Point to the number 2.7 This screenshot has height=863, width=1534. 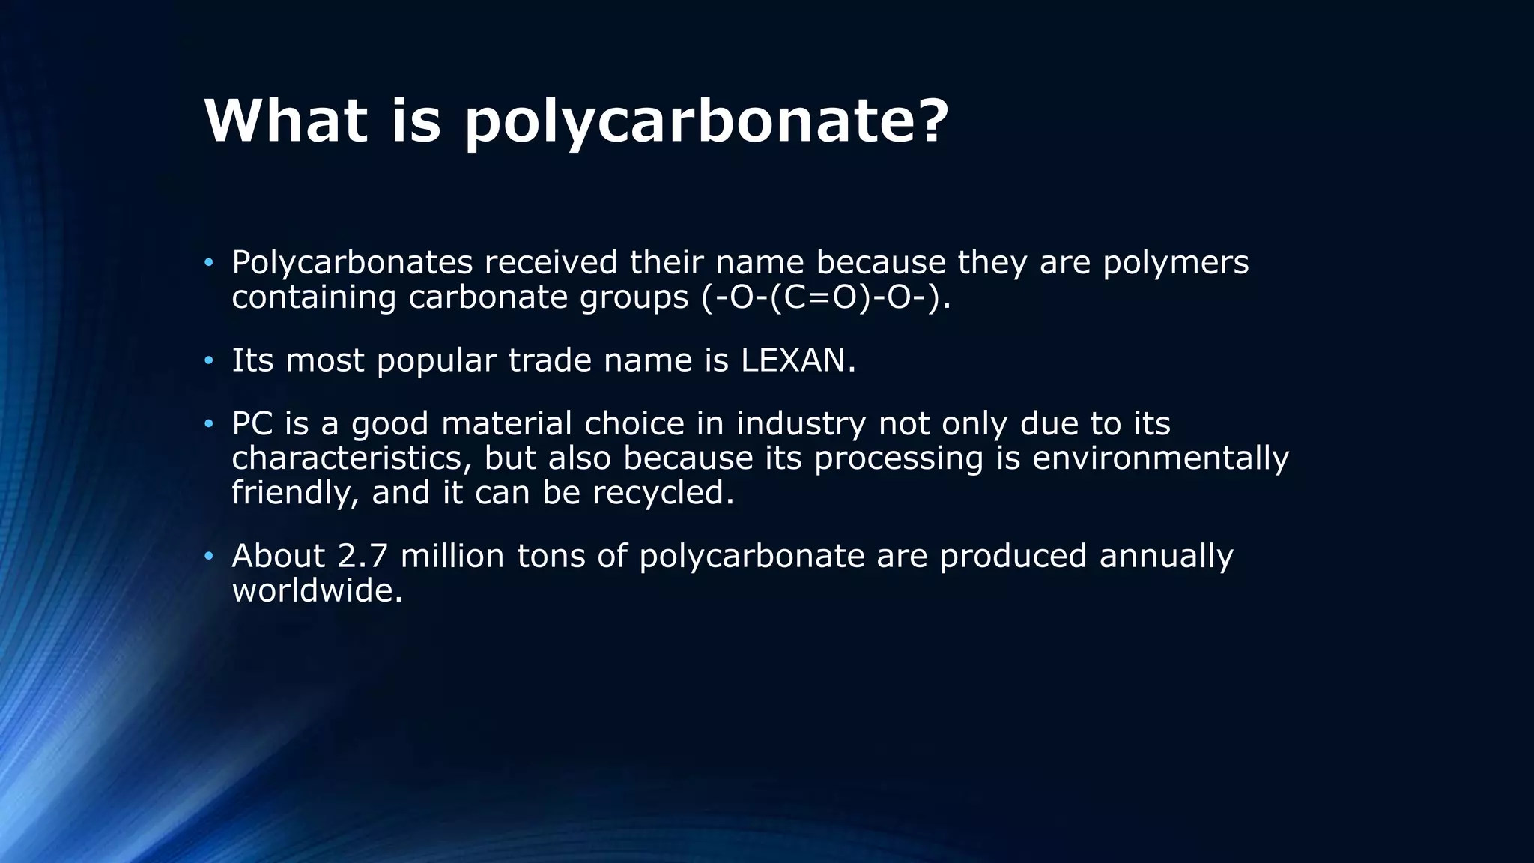coord(363,556)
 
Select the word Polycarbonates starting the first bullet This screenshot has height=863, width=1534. coord(352,263)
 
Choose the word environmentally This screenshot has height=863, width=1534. coord(1160,458)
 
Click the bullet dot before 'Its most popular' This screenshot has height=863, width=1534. coord(209,362)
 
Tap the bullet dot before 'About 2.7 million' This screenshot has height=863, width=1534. coord(209,557)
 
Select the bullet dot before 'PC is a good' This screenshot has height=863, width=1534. coord(209,425)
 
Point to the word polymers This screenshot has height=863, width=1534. coord(1175,263)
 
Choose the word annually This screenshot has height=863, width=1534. coord(1165,556)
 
